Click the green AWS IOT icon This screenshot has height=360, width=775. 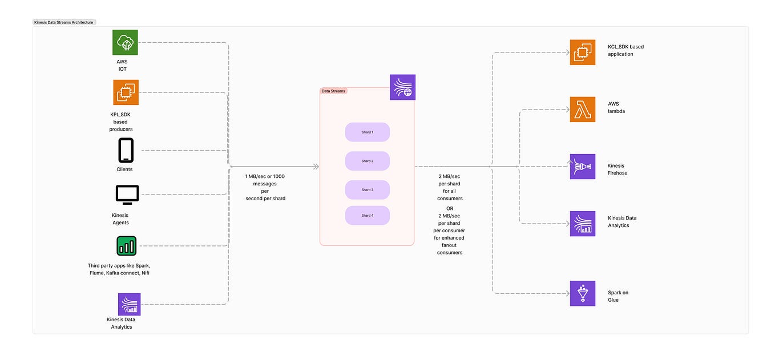(125, 42)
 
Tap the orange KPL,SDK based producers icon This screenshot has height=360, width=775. (126, 92)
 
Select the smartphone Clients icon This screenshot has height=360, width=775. (125, 151)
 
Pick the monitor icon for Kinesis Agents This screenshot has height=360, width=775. (127, 195)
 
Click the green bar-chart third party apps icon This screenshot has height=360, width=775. (126, 246)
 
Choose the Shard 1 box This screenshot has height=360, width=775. (367, 132)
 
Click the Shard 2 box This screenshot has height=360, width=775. (367, 161)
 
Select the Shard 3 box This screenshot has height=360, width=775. (367, 189)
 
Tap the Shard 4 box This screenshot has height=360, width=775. (367, 216)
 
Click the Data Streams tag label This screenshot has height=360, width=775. (334, 91)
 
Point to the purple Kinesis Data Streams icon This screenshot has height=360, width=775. (402, 87)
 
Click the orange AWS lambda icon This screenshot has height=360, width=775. (582, 109)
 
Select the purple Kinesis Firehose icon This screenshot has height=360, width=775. (582, 167)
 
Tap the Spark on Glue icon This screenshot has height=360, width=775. (582, 293)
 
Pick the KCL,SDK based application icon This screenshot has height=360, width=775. (582, 52)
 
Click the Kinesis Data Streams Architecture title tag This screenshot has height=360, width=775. (64, 22)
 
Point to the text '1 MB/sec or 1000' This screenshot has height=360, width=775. (264, 177)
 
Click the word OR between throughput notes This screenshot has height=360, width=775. (450, 208)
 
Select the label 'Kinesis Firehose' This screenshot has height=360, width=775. (617, 169)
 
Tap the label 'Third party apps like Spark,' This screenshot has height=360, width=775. (119, 266)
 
